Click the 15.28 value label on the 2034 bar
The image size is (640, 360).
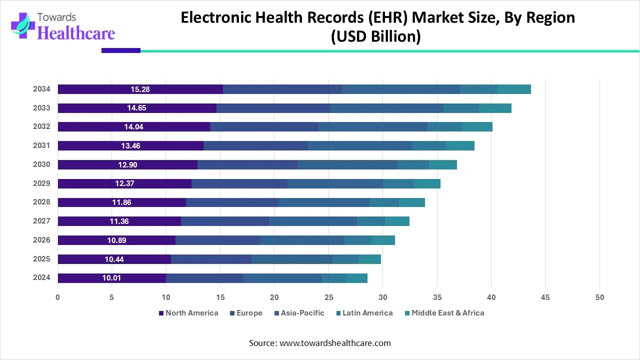140,89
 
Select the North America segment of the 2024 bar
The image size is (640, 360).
111,278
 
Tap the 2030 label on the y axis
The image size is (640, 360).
41,164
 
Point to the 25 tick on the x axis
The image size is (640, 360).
328,297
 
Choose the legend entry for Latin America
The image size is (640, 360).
367,313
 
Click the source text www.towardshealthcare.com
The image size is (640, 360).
335,343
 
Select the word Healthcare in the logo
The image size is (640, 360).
76,33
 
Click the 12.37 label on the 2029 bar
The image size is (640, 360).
124,183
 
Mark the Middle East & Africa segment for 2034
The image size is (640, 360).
514,89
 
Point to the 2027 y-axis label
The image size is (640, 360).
41,221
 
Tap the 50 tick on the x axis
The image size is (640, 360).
599,297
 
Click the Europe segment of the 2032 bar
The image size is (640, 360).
264,127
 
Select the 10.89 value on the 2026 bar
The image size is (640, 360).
116,240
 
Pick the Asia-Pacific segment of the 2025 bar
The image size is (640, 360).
292,259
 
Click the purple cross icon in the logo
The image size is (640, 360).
21,24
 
